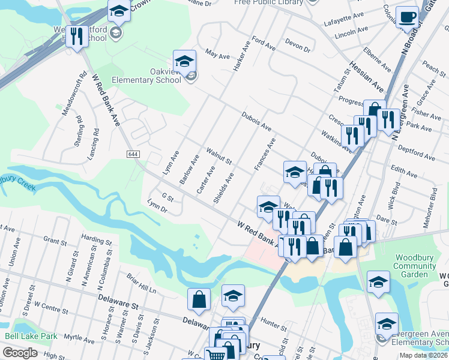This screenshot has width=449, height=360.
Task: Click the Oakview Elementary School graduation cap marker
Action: [184, 61]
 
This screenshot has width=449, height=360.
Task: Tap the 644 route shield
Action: [133, 154]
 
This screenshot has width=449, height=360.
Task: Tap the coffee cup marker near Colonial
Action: [408, 17]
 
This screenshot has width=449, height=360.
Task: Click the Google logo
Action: [20, 353]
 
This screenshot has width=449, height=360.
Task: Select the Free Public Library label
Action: [268, 2]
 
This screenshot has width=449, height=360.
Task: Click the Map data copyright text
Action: [423, 355]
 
